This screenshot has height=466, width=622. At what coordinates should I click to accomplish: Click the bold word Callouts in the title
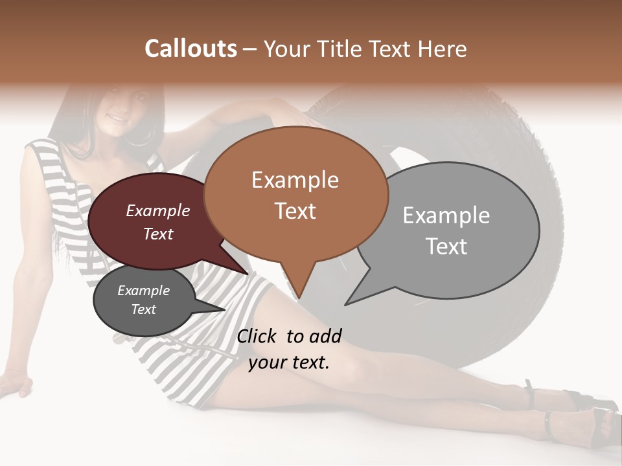click(x=190, y=49)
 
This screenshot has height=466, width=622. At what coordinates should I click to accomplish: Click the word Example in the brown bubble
click(x=295, y=180)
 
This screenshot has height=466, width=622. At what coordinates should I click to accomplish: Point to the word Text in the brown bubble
click(x=295, y=211)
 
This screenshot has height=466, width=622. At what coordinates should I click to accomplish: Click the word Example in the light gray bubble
click(x=446, y=216)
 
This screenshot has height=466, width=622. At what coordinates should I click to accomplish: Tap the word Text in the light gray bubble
click(x=446, y=247)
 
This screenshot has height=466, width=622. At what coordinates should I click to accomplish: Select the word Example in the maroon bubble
click(x=158, y=211)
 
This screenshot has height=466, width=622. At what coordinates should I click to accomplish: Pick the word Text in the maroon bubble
click(x=158, y=234)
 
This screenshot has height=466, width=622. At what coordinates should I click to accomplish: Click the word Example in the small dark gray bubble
click(x=144, y=291)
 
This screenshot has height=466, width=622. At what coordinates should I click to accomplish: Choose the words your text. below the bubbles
click(x=289, y=362)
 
